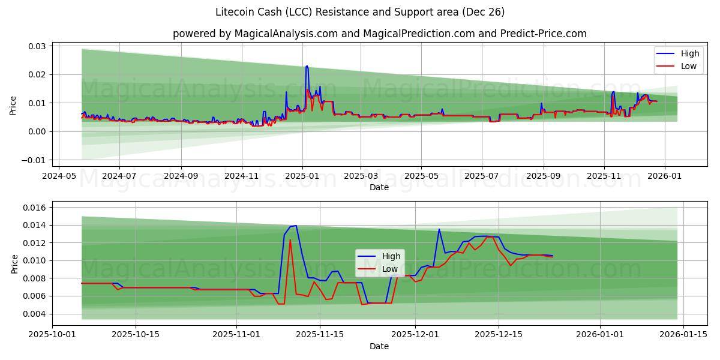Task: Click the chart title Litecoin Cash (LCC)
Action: pos(359,12)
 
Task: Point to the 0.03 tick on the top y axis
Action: pos(38,46)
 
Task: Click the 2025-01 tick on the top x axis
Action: pos(302,176)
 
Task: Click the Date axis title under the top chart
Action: pos(379,187)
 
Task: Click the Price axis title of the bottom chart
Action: pos(14,263)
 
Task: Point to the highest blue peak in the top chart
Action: pos(307,66)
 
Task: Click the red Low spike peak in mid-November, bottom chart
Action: pos(290,240)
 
